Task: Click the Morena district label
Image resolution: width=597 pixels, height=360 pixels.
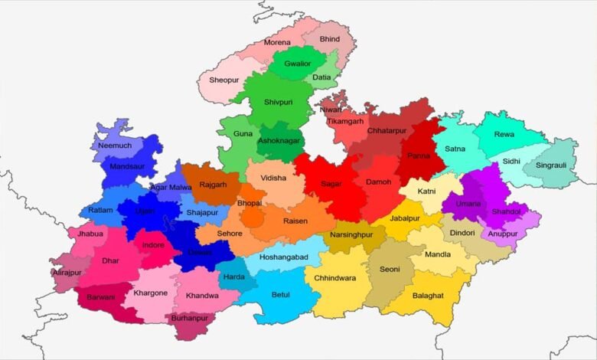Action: tap(277, 41)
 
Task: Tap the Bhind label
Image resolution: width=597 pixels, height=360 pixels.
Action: tap(330, 38)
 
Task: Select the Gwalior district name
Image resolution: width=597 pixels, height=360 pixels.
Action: tap(297, 64)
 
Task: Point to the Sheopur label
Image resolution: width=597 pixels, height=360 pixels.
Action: tap(225, 79)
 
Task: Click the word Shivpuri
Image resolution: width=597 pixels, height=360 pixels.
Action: tap(279, 101)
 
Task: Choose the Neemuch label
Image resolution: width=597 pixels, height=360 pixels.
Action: tap(115, 145)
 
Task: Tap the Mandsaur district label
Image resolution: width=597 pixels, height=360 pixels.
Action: tap(127, 165)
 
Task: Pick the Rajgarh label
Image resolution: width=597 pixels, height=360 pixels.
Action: tap(213, 185)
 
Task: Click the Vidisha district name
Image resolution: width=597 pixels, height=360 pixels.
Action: tap(273, 178)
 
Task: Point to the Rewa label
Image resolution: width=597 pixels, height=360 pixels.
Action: tap(504, 135)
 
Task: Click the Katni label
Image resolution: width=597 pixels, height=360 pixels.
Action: tap(426, 190)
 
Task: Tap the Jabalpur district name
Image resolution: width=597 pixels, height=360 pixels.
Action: tap(405, 218)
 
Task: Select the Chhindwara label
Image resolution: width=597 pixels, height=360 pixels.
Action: tap(334, 278)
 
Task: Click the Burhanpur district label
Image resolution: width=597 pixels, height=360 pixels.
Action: tap(190, 317)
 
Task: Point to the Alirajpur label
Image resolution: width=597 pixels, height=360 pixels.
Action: tap(67, 272)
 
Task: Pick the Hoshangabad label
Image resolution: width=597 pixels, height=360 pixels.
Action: tap(283, 258)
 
